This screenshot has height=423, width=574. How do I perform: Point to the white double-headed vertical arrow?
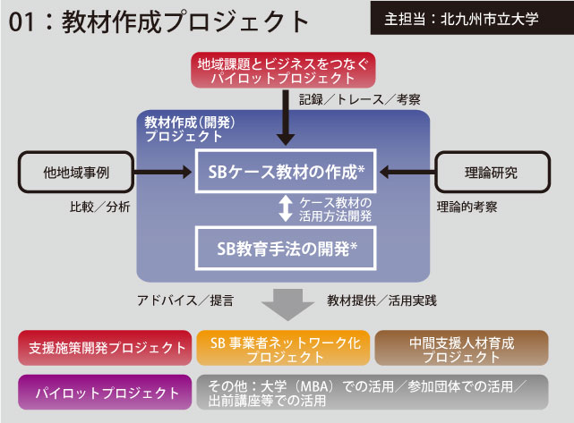286,208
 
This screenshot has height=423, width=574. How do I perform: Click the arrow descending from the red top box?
286,116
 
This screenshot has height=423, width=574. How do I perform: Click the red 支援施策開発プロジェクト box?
105,348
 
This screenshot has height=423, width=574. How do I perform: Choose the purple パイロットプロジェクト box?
105,393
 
